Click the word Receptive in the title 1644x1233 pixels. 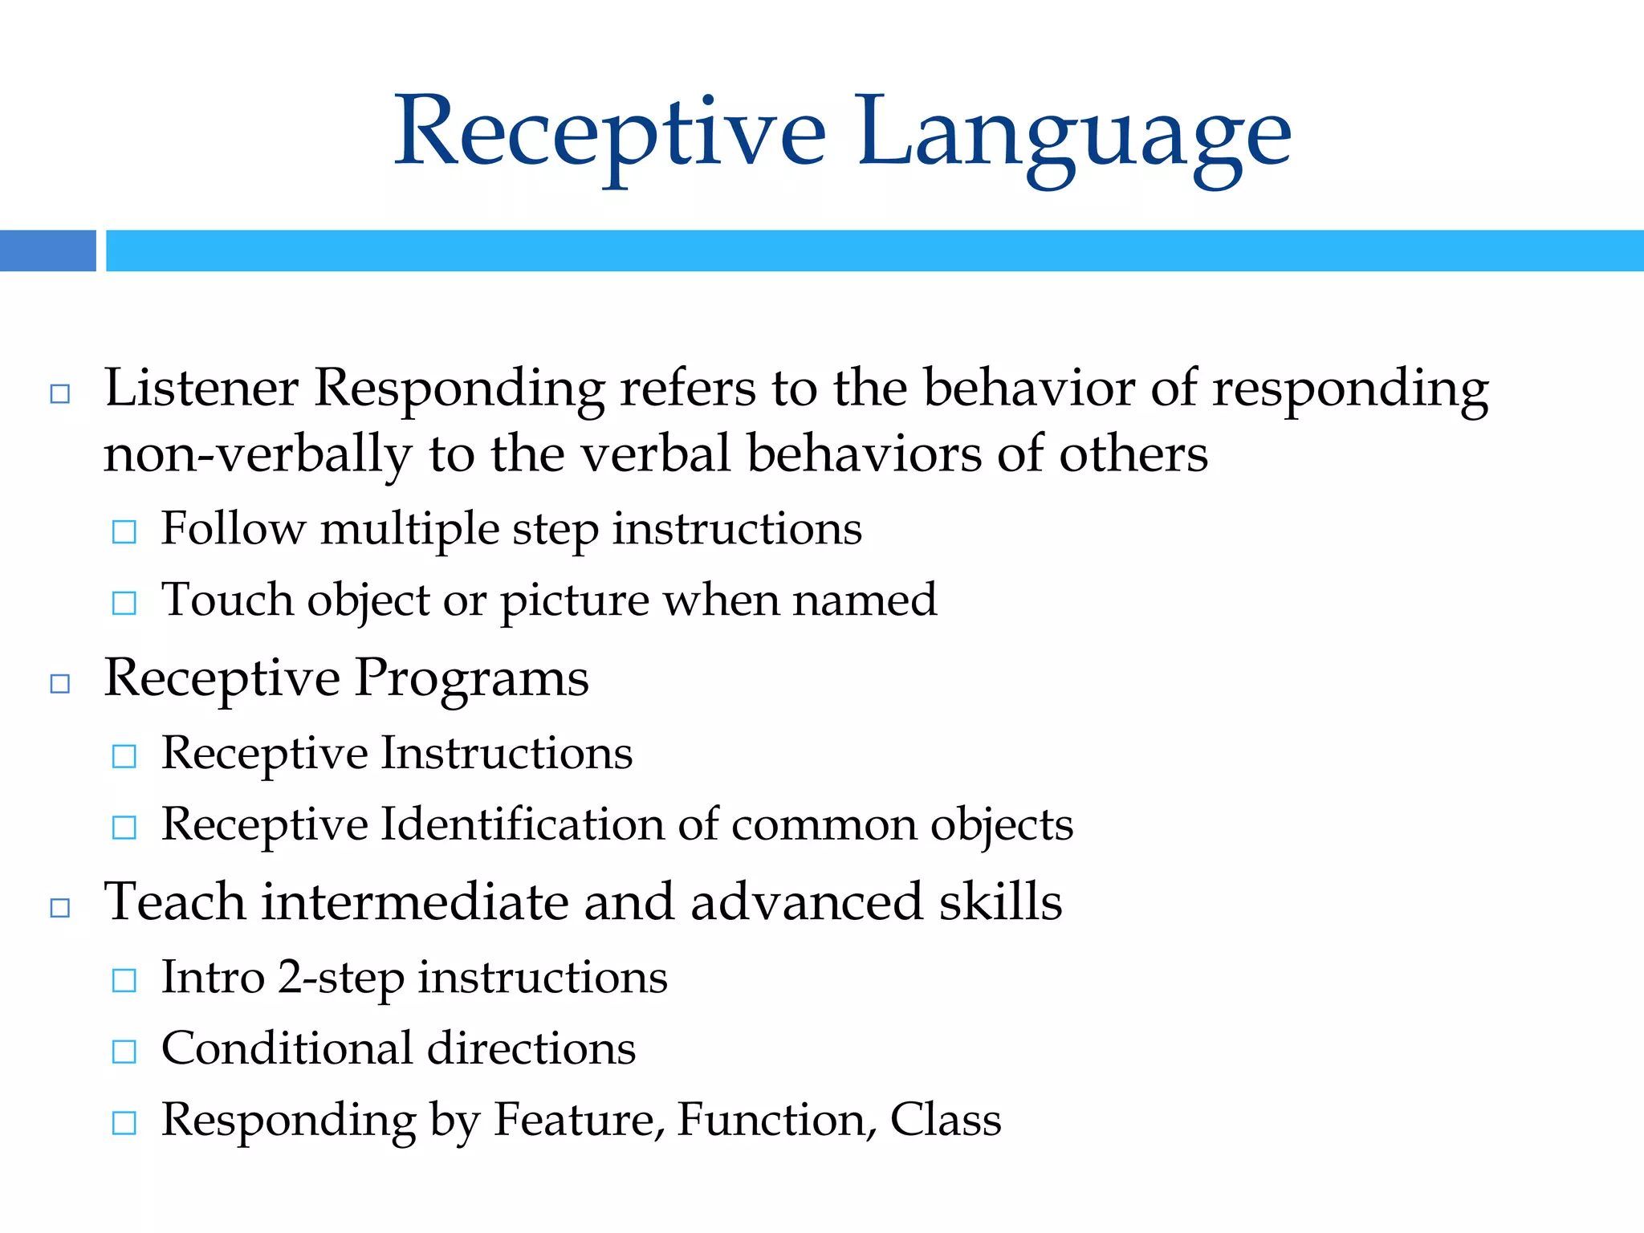coord(610,132)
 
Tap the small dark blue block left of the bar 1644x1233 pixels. coord(47,250)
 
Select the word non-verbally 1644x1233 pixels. coord(257,454)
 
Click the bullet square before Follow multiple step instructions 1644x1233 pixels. coord(124,531)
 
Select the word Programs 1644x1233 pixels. coord(471,679)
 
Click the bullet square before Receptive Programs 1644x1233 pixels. coord(60,683)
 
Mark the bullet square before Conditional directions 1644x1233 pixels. coord(124,1052)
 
